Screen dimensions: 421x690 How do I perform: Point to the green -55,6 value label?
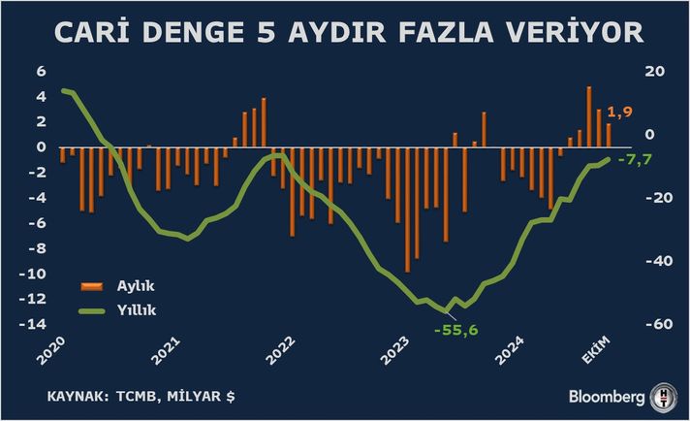click(x=456, y=331)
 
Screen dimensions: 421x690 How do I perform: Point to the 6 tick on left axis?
click(x=41, y=72)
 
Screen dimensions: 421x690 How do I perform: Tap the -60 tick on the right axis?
click(x=654, y=324)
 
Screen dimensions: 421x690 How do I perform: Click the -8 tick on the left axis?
click(x=37, y=248)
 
